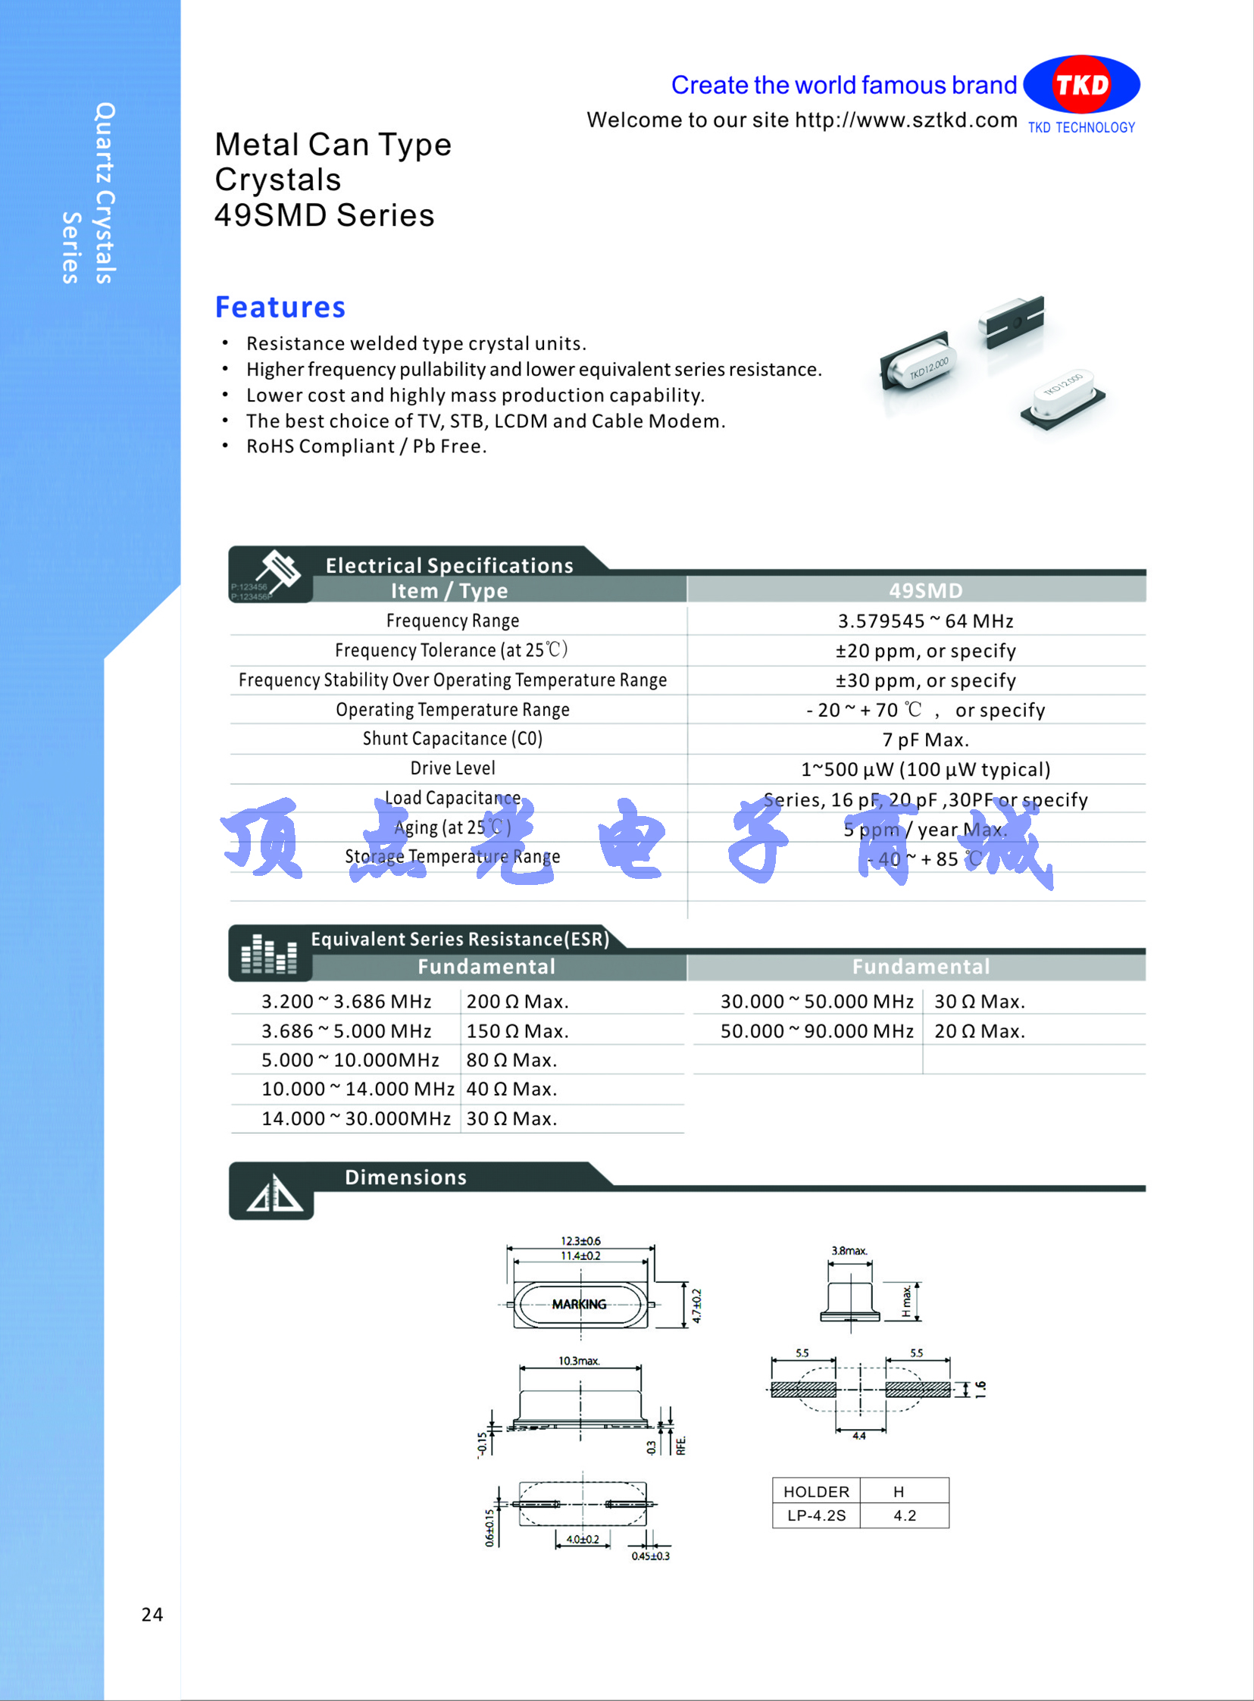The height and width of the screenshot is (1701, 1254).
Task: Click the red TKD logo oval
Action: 1081,84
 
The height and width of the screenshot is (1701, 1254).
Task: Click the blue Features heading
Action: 280,308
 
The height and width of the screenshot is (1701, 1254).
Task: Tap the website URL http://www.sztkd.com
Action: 905,120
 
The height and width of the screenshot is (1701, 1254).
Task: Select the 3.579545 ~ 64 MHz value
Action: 925,621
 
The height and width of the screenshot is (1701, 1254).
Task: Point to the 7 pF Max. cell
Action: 925,739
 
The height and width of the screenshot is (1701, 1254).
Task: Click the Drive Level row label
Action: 452,768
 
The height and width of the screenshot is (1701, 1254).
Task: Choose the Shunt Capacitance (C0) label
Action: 452,739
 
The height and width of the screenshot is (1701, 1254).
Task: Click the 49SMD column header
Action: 925,589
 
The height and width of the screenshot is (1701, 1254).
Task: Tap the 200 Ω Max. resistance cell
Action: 517,1001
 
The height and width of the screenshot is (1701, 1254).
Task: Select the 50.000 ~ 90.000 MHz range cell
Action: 817,1030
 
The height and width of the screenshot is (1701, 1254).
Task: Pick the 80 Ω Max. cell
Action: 511,1059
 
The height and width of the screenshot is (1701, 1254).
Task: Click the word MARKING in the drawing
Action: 579,1304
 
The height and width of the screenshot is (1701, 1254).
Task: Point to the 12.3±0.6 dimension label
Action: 580,1241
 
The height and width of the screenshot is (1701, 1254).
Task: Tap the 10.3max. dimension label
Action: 579,1360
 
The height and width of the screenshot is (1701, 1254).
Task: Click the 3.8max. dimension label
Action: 849,1250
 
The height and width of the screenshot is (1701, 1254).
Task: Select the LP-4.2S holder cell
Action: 816,1516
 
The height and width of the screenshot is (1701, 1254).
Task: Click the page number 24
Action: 152,1615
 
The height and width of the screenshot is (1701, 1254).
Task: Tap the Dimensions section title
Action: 405,1177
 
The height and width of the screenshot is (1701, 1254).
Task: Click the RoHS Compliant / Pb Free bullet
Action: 366,446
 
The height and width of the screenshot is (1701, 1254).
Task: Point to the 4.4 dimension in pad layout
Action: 858,1435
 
